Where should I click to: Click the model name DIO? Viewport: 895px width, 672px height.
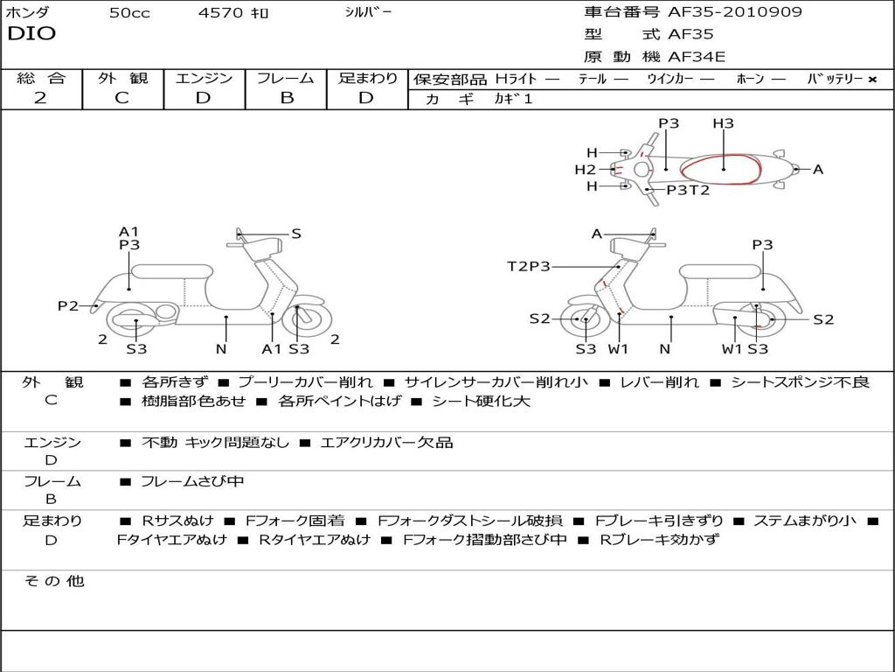pos(31,34)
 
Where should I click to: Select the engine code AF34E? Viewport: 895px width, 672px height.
pos(697,57)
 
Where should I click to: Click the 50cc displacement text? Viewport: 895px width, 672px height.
pos(129,13)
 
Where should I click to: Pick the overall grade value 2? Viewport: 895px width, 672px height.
pos(40,98)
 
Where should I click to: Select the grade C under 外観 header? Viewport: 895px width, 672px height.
pos(121,98)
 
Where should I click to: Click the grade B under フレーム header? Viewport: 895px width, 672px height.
pos(287,98)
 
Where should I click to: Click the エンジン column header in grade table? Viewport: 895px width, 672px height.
pos(204,78)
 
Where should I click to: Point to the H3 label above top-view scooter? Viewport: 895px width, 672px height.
pos(723,123)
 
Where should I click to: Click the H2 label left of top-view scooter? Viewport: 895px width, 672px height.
pos(585,170)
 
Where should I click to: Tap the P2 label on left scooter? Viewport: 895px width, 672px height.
pos(68,305)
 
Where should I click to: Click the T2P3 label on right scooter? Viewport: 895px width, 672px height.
pos(529,266)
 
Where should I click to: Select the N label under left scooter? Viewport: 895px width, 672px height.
pos(221,349)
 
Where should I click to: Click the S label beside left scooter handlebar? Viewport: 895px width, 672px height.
pos(296,234)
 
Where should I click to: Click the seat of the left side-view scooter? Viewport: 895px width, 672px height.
pos(171,270)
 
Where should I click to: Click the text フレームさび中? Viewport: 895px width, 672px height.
pos(192,481)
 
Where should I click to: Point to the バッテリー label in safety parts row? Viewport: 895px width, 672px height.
pos(836,79)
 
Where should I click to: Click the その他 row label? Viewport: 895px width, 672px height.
pos(53,581)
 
